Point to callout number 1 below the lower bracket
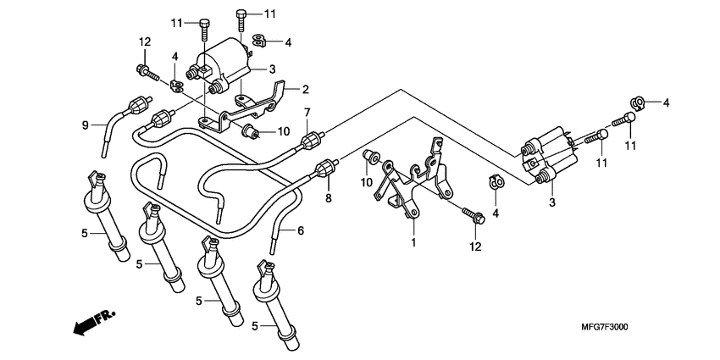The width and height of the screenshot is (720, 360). tap(413, 243)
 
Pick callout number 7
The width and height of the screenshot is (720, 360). tap(307, 112)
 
